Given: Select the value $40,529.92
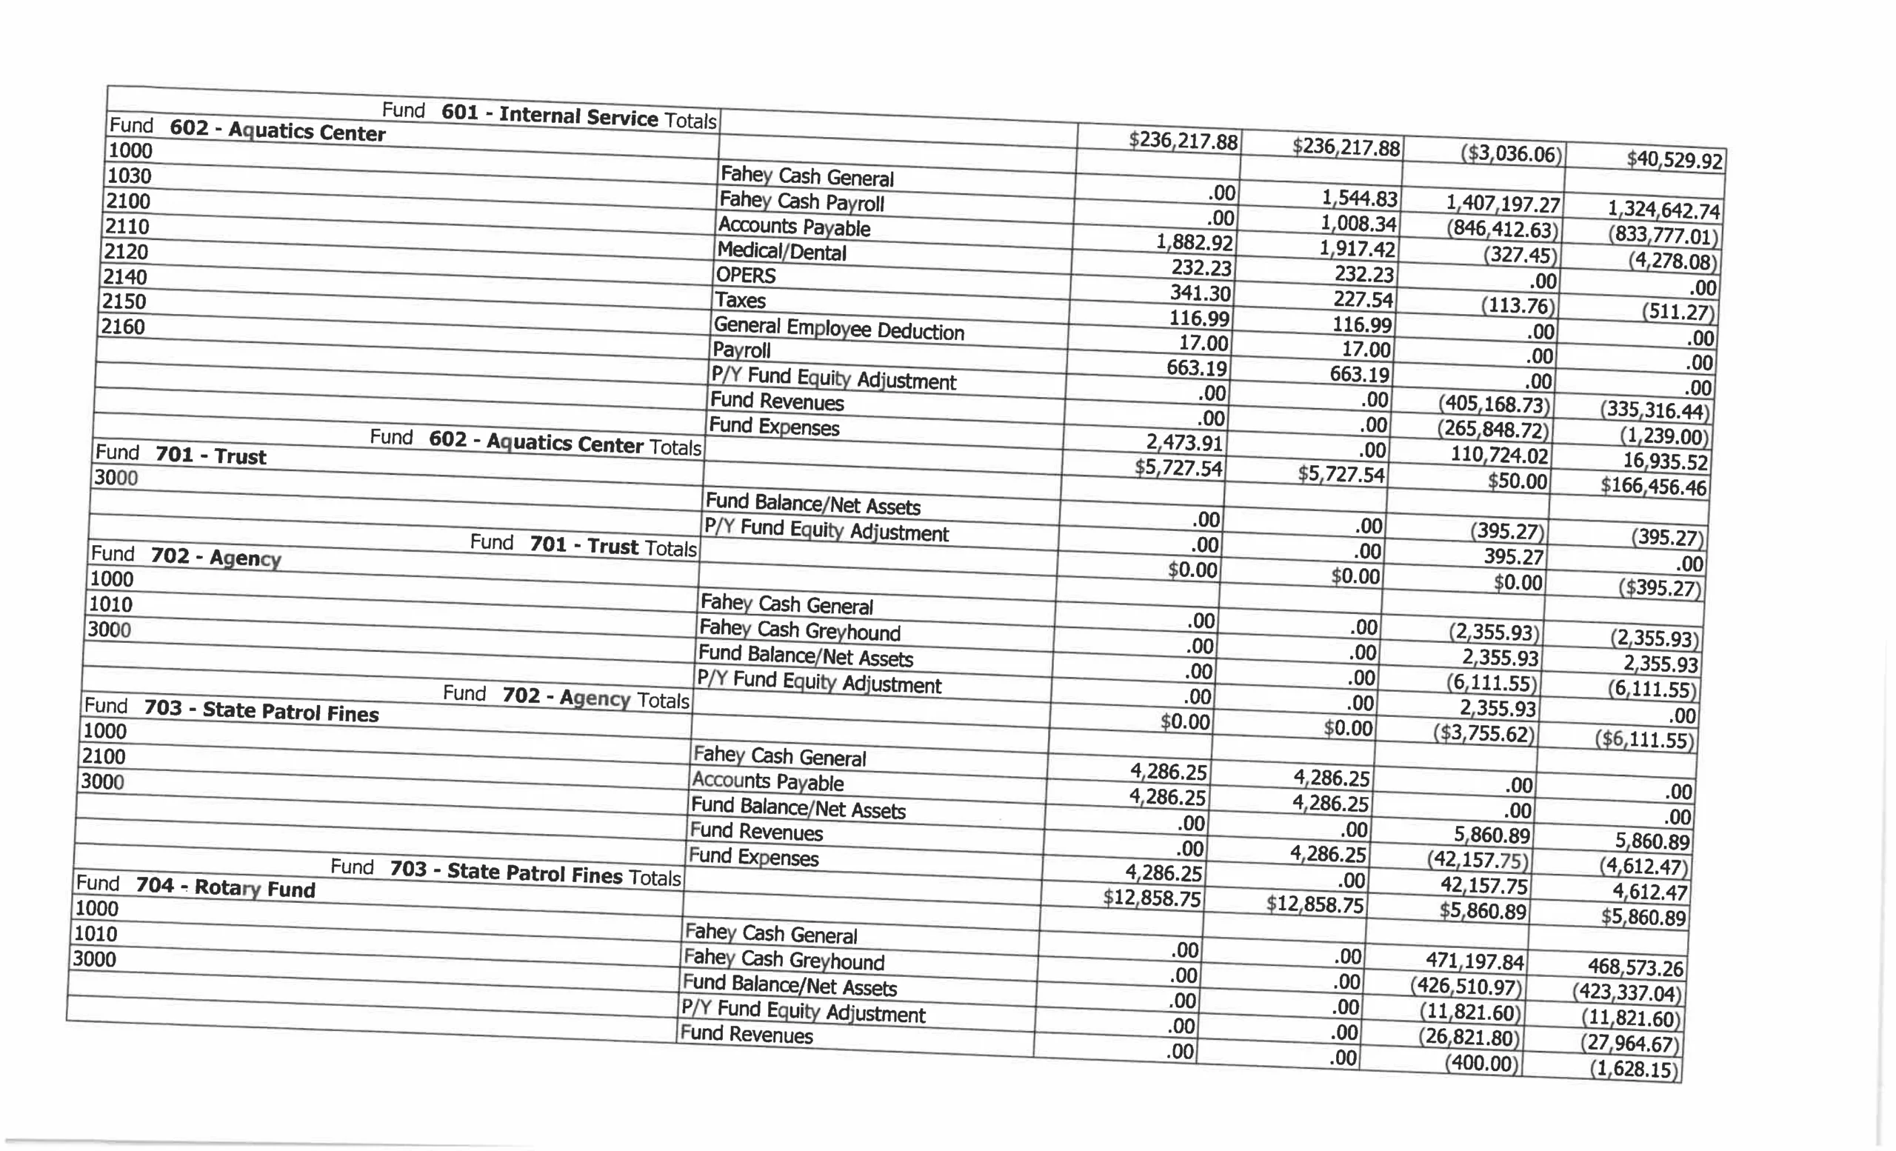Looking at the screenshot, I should click(x=1675, y=160).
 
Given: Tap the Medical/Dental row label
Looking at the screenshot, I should click(x=781, y=251).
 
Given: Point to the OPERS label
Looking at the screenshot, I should click(x=746, y=275).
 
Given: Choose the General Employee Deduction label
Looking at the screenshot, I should click(x=838, y=329).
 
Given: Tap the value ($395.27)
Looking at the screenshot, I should click(x=1660, y=589).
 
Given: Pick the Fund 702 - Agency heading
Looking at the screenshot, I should click(x=185, y=556).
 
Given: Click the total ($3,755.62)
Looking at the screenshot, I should click(x=1483, y=733).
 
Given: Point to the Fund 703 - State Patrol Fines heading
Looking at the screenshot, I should click(x=231, y=710).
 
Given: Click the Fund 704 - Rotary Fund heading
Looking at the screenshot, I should click(x=196, y=887).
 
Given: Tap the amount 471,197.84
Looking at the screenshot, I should click(x=1475, y=961).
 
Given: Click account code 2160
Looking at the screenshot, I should click(x=123, y=327).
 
